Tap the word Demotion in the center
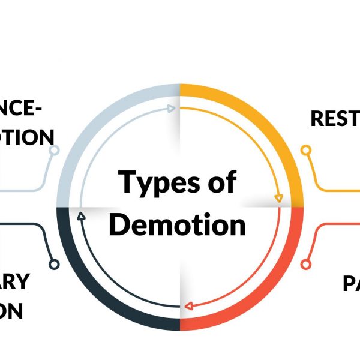tap(178, 225)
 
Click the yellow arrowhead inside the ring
tap(278, 197)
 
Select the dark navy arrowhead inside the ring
tap(81, 213)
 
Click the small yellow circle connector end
tap(306, 149)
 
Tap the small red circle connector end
tap(306, 263)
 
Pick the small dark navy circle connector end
tap(54, 263)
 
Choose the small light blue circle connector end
tap(54, 150)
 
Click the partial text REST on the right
tap(335, 118)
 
